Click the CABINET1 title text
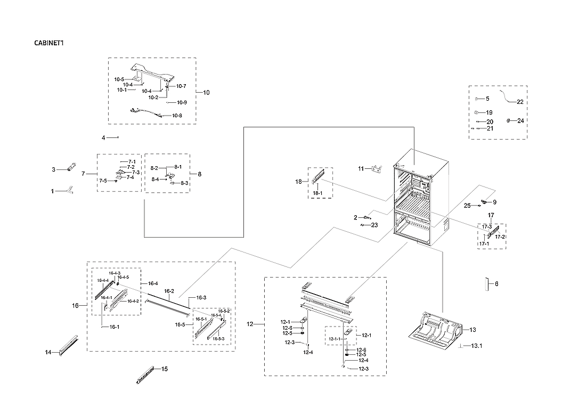(x=49, y=43)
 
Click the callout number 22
(x=520, y=102)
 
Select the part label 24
(x=520, y=121)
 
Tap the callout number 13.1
(x=476, y=346)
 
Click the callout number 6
(x=496, y=284)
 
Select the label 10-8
(x=177, y=116)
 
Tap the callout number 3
(x=53, y=170)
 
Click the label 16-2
(x=169, y=291)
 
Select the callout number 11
(x=361, y=169)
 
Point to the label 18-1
(x=318, y=192)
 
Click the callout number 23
(x=374, y=225)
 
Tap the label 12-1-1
(x=334, y=339)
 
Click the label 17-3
(x=487, y=227)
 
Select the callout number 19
(x=489, y=113)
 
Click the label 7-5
(x=102, y=181)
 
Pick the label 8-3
(x=184, y=183)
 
